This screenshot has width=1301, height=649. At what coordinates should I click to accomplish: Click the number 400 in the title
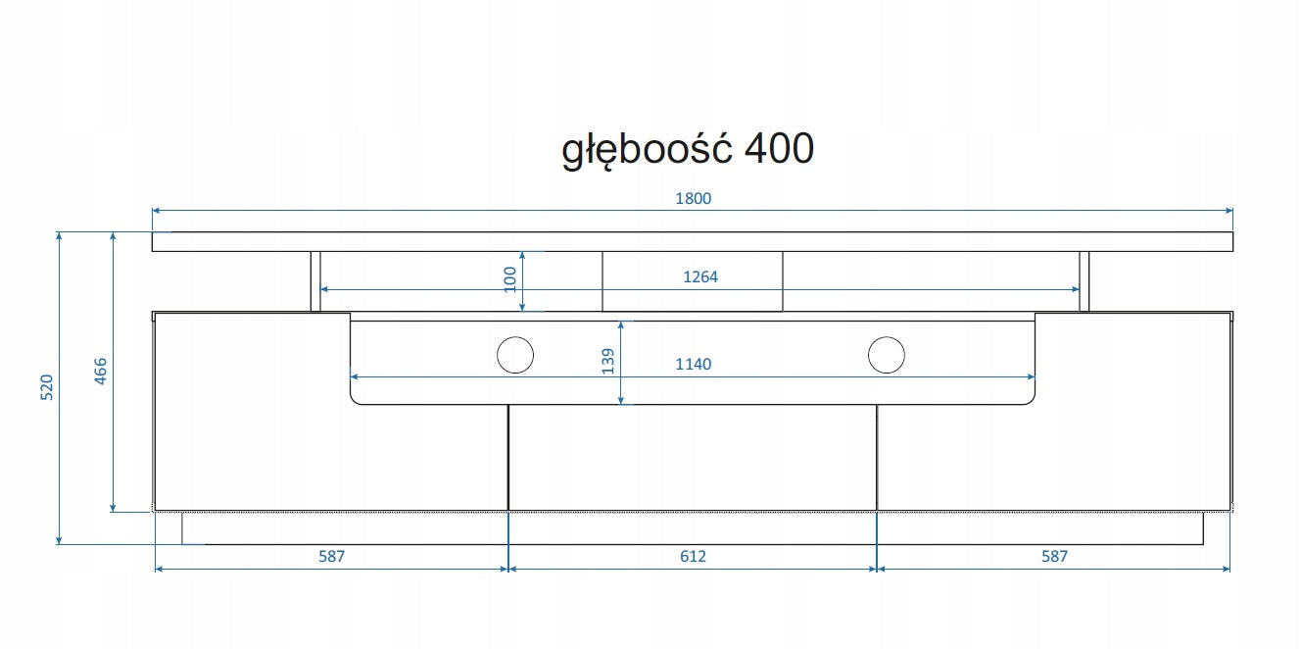779,149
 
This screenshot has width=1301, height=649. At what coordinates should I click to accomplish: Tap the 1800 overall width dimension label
693,198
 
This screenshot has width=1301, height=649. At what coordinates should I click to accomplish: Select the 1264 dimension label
699,277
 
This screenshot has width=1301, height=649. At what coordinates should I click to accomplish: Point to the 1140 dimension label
693,365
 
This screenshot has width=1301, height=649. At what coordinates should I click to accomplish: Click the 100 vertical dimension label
509,278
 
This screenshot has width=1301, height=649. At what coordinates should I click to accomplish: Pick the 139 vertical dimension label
607,362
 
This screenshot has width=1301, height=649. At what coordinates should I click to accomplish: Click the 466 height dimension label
100,373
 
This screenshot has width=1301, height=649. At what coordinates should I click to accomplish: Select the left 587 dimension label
331,557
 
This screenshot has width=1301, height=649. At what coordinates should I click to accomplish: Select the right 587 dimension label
1053,557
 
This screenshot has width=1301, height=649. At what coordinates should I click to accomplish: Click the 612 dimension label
693,557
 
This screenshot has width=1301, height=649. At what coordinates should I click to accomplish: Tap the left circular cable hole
514,355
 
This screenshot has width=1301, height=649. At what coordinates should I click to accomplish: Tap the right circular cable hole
886,355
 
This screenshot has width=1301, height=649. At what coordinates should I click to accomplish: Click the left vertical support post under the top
315,281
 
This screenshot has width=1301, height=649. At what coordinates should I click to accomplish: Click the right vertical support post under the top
1084,281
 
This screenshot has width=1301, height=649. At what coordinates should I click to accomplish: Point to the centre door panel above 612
692,458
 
